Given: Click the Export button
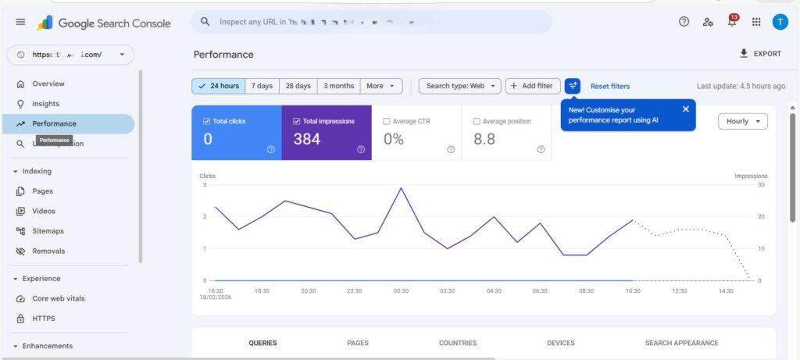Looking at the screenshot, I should (760, 54).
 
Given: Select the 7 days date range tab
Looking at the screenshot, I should (262, 86).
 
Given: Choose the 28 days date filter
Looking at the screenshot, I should (298, 86).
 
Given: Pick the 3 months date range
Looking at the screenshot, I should (339, 86).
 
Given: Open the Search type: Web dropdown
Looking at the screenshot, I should (460, 86).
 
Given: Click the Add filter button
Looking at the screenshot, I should (533, 86).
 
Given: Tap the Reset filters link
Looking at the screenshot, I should (610, 86).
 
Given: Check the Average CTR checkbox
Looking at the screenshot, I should (387, 122).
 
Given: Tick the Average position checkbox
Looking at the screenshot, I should (477, 122).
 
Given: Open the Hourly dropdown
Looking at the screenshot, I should (742, 121).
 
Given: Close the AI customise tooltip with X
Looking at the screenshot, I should (685, 109).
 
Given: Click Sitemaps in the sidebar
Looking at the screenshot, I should (48, 231).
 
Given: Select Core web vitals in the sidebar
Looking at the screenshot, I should (58, 298).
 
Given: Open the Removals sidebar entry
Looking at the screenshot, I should (48, 251).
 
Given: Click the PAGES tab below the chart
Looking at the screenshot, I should (358, 343).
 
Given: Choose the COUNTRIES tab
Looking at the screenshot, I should (458, 343).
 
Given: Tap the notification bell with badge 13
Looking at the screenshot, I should (732, 22).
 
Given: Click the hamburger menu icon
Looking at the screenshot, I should (21, 22).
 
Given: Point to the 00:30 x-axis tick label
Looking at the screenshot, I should (401, 290).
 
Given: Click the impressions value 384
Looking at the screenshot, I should (307, 139).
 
